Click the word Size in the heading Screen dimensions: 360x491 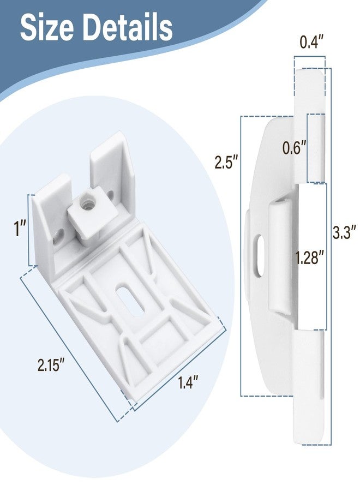pos(47,27)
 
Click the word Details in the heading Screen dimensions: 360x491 pos(128,27)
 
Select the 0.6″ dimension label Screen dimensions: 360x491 pos(294,147)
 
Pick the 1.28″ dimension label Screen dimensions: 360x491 pos(309,259)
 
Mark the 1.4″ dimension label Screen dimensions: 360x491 pos(188,382)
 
